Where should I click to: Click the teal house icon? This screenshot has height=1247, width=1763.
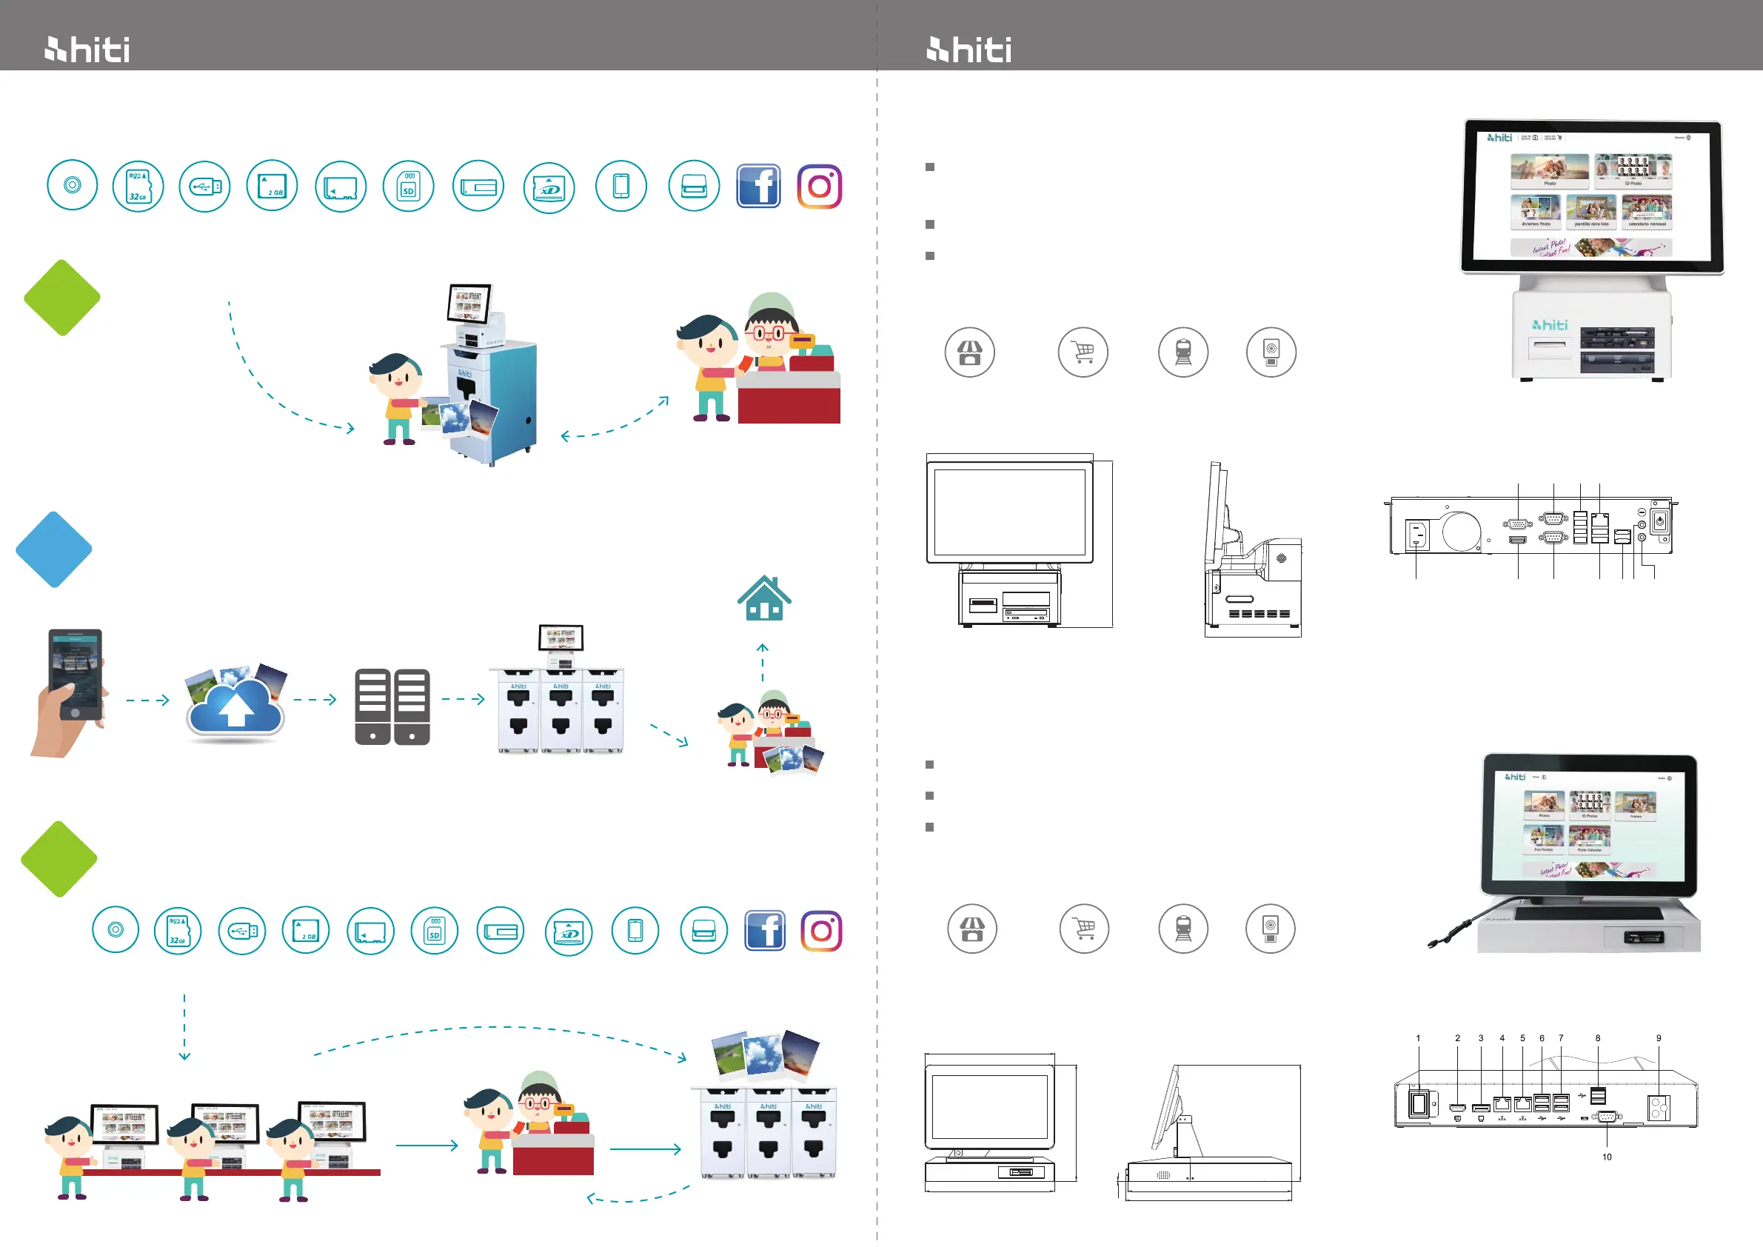pos(764,599)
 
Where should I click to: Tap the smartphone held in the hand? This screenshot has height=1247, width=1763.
pos(76,672)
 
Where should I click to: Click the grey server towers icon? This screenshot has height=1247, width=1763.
pos(392,706)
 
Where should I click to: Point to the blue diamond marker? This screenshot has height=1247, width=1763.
pos(54,549)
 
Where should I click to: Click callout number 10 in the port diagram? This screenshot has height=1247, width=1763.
pos(1606,1157)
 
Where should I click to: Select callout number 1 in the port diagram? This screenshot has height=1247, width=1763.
pos(1417,1038)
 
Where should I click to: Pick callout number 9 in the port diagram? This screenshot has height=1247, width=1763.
pos(1659,1038)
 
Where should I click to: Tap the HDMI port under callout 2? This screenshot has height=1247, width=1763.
pos(1456,1107)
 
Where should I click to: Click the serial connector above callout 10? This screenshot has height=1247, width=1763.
pos(1606,1117)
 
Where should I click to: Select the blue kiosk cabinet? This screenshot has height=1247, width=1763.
pos(492,399)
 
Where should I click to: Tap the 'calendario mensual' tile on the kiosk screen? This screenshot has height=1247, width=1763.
pos(1647,210)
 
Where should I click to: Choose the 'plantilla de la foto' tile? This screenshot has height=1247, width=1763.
pos(1591,210)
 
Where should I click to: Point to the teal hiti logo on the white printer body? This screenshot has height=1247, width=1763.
pos(1550,325)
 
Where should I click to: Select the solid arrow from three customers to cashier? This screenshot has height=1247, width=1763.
pos(427,1146)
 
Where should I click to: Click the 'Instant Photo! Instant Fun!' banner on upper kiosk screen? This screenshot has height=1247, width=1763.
pos(1590,247)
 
